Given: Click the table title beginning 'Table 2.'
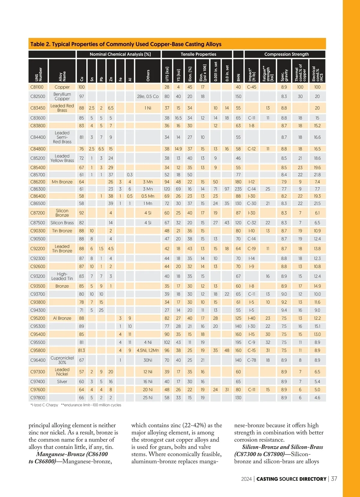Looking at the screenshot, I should (x=126, y=44).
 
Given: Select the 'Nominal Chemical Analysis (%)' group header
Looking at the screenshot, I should (x=120, y=54).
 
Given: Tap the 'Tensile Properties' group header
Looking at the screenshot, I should (x=198, y=54).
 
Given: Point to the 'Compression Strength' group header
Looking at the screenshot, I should (x=286, y=54).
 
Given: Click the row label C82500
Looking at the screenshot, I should (x=37, y=97).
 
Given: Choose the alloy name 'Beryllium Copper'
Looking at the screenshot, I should (x=62, y=97).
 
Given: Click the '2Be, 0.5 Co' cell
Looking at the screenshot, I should (x=148, y=97).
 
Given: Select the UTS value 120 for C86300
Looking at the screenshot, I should (x=167, y=189).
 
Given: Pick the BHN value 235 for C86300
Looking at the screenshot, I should (x=238, y=189).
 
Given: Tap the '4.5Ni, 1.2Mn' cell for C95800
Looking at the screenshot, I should (x=148, y=350).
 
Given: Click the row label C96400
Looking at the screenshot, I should (x=37, y=360).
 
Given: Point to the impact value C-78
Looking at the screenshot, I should (x=251, y=360).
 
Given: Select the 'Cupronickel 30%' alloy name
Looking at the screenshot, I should (x=62, y=360).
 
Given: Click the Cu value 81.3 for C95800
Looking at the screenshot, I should (x=82, y=350).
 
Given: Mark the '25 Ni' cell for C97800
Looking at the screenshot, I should (x=148, y=398).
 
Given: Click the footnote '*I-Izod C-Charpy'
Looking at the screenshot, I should (x=44, y=405).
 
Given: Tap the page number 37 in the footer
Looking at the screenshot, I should (x=334, y=479).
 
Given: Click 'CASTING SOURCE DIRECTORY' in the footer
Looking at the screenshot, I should (x=291, y=479).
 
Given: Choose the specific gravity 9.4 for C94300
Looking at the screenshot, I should (x=284, y=310).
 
